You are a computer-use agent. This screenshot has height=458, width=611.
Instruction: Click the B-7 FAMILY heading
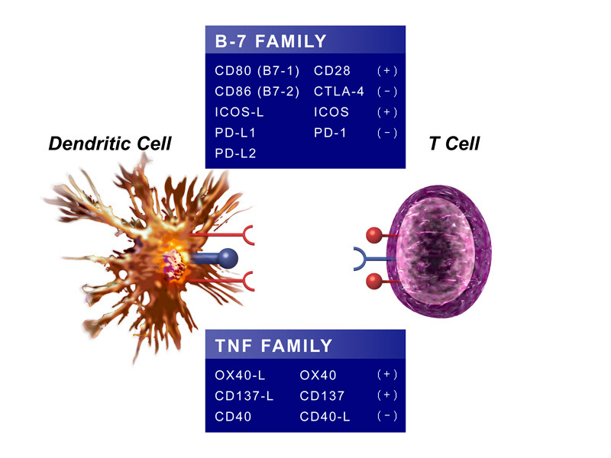click(x=270, y=41)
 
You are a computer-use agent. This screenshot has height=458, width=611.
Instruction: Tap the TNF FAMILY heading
click(x=273, y=346)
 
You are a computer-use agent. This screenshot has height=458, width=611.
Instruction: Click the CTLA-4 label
click(x=338, y=92)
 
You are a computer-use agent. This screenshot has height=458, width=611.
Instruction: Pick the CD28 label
click(x=331, y=71)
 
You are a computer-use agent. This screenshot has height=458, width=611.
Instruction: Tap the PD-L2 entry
click(x=235, y=153)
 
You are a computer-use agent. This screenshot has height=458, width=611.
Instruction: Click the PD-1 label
click(x=329, y=133)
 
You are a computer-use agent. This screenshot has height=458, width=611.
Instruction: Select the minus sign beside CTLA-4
click(x=387, y=92)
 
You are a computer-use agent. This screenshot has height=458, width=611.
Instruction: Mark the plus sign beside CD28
click(x=387, y=71)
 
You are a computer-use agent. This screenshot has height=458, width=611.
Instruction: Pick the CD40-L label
click(x=324, y=416)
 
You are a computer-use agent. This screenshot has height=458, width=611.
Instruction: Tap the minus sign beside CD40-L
click(x=387, y=416)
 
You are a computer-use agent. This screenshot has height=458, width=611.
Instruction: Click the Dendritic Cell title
click(x=110, y=143)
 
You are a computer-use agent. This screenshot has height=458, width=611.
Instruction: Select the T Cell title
click(x=454, y=143)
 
